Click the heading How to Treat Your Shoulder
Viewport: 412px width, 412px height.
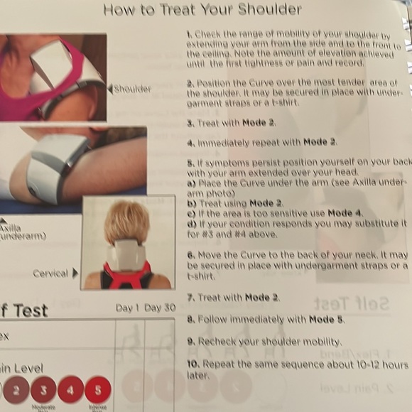point(202,9)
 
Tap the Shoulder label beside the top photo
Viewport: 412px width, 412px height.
point(132,89)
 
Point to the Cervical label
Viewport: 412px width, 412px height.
point(50,273)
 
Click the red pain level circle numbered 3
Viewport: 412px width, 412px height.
point(43,389)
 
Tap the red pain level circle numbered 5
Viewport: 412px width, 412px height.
point(97,389)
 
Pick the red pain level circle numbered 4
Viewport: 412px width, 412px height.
point(70,389)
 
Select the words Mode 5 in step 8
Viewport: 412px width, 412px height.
point(325,320)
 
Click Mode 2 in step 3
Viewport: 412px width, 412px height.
point(258,123)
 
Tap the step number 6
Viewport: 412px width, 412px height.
point(190,254)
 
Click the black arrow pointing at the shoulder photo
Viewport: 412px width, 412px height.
point(110,89)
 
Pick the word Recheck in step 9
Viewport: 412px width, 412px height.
point(217,342)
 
